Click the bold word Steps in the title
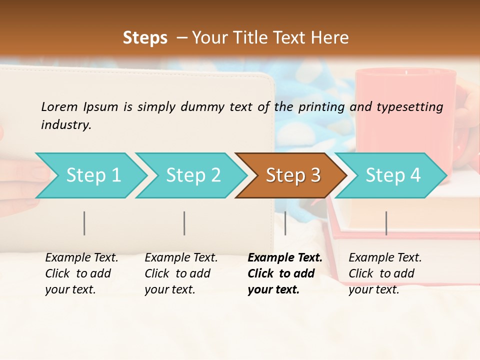coord(145,38)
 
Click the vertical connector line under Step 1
coord(84,223)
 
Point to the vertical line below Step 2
coord(184,223)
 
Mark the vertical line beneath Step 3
coord(285,223)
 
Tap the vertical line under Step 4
coord(386,223)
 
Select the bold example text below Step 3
coord(285,273)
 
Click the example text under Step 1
coord(81,273)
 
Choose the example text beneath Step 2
coord(181,273)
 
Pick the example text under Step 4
coord(385,273)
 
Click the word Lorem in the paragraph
coord(59,106)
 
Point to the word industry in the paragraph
coord(66,125)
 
